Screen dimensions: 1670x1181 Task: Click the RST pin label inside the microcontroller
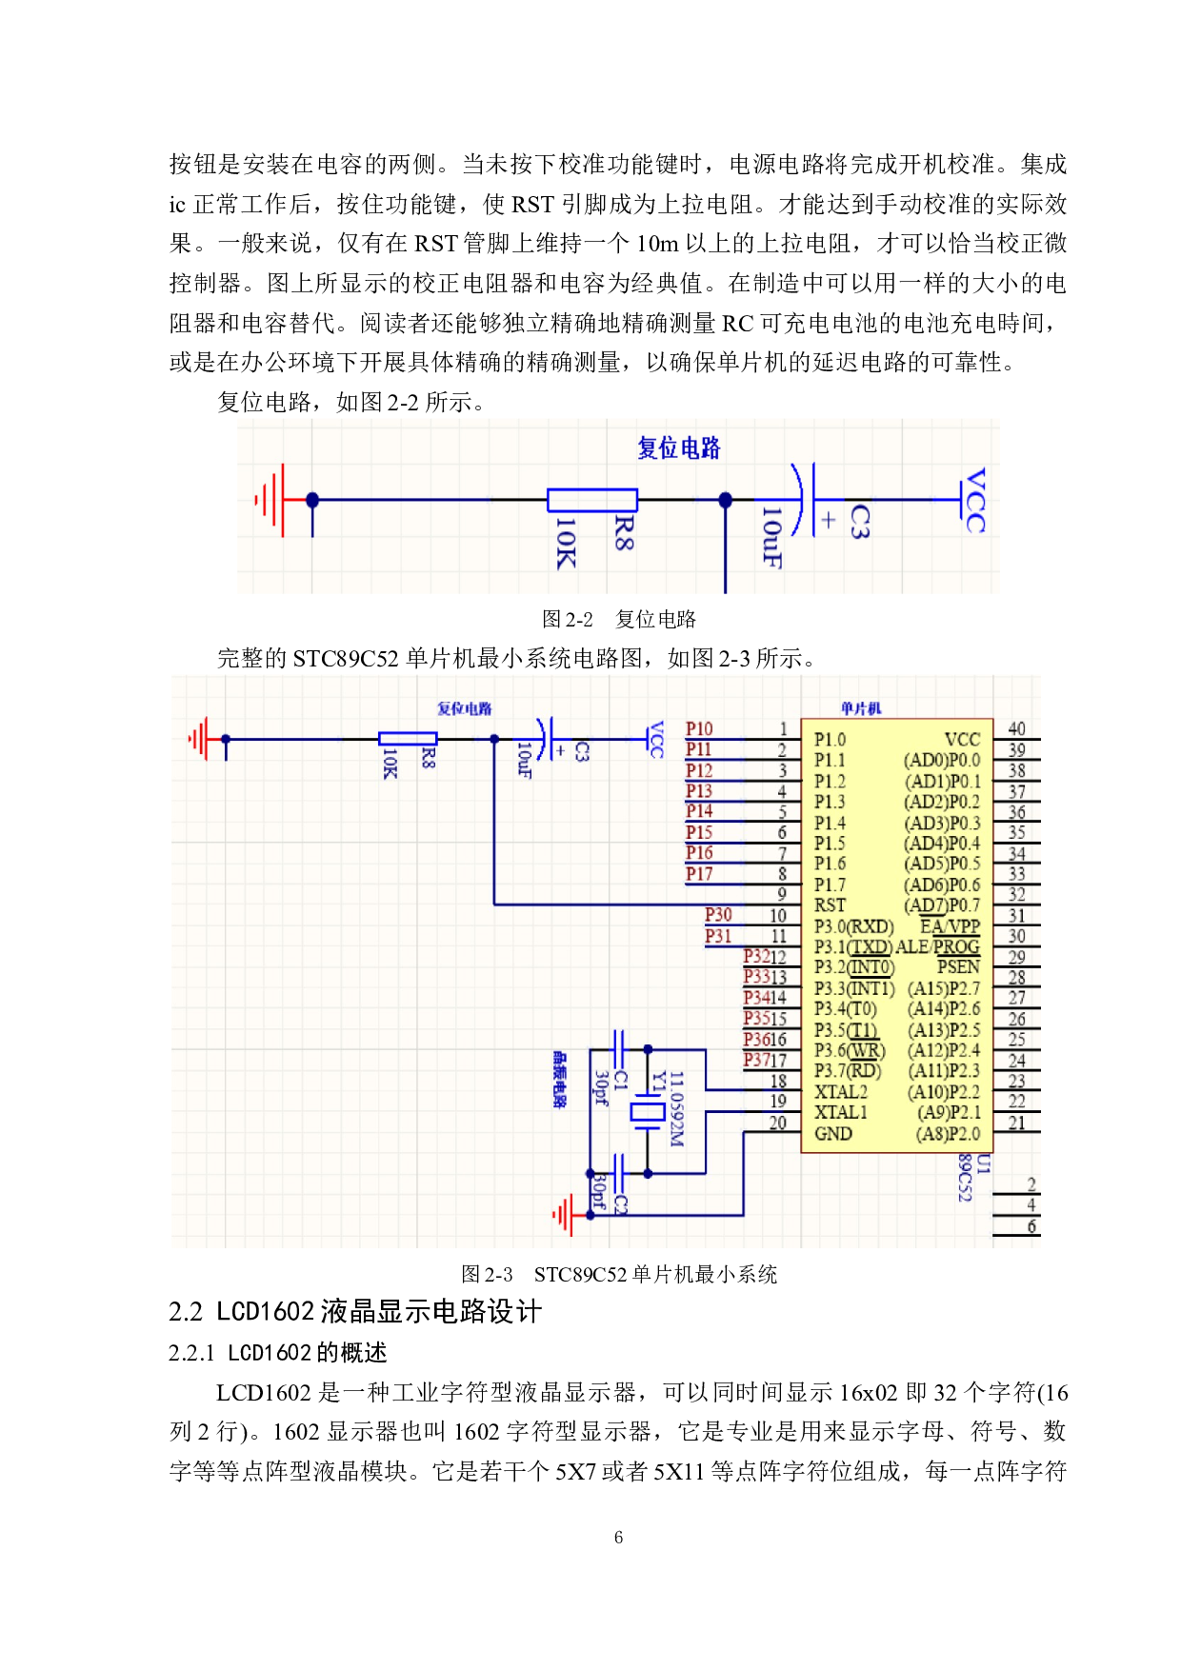[x=830, y=905]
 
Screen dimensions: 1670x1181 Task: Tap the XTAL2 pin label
[x=841, y=1092]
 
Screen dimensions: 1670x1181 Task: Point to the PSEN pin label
[x=958, y=966]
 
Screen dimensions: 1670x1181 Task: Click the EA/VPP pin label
[x=950, y=926]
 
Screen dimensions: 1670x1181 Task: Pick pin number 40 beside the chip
[x=1016, y=729]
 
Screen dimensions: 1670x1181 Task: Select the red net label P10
[x=699, y=729]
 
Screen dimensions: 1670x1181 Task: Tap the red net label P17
[x=699, y=874]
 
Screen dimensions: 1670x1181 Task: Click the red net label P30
[x=718, y=915]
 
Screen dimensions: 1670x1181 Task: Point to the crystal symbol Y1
[x=648, y=1112]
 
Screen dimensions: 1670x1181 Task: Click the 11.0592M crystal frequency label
[x=676, y=1109]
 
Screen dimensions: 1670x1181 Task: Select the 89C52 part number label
[x=964, y=1178]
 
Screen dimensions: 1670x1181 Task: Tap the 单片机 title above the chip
[x=861, y=708]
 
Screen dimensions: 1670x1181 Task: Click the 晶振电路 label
[x=559, y=1080]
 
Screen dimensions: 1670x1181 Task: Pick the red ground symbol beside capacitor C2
[x=565, y=1215]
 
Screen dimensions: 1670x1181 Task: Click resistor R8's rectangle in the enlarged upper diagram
[x=591, y=500]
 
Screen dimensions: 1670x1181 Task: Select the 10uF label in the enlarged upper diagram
[x=771, y=538]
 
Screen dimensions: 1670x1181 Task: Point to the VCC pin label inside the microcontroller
[x=962, y=740]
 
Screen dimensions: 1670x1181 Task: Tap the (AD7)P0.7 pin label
[x=941, y=905]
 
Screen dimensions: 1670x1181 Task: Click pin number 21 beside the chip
[x=1016, y=1123]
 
